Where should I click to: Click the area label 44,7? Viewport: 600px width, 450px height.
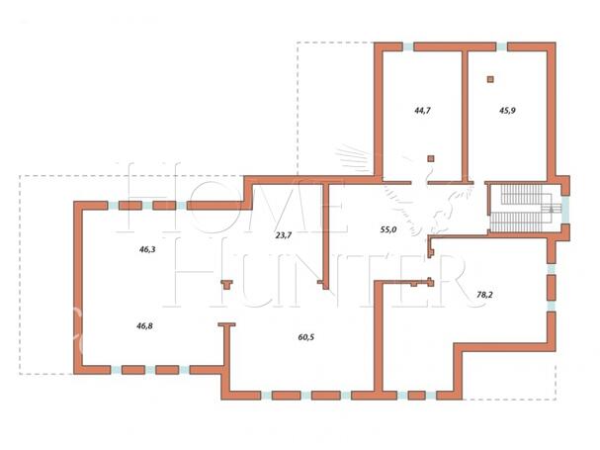click(x=422, y=111)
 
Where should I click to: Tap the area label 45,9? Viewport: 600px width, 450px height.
click(x=507, y=111)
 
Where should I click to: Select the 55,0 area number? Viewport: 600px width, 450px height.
click(x=388, y=229)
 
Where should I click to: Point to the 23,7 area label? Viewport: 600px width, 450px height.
click(x=284, y=235)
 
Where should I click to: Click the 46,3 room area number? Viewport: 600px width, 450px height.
click(x=147, y=249)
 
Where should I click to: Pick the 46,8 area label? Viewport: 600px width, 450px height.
click(x=144, y=326)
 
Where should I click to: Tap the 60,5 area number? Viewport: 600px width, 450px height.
click(x=306, y=337)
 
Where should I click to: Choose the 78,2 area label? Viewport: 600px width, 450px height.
click(x=484, y=295)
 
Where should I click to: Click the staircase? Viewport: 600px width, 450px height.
click(x=521, y=209)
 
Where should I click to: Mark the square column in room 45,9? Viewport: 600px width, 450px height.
click(x=490, y=80)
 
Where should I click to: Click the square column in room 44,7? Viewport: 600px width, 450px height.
click(x=431, y=158)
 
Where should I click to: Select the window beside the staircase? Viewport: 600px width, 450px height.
click(x=565, y=210)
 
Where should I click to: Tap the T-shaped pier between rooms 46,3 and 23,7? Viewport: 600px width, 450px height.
click(x=227, y=284)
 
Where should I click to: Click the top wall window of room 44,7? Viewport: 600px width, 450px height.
click(x=408, y=47)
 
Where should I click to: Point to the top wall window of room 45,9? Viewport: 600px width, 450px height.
click(x=501, y=47)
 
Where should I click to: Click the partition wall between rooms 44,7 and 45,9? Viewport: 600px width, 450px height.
click(x=465, y=116)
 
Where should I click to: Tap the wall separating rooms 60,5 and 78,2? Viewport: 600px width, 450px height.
click(x=379, y=336)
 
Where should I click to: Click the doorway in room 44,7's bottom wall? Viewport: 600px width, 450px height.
click(x=419, y=183)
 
